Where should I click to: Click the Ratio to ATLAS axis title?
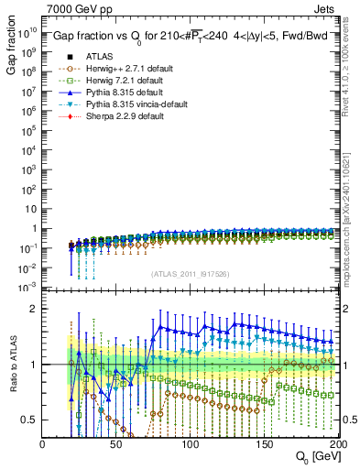(x=14, y=373)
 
